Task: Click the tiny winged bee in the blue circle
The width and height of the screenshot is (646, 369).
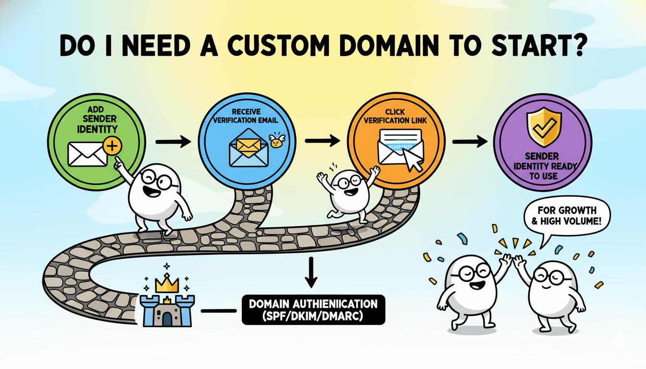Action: tap(275, 141)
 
